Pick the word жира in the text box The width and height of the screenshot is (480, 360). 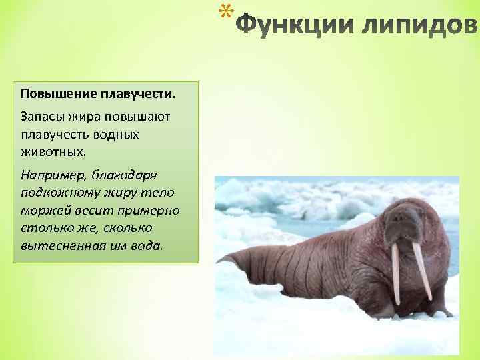[x=83, y=117]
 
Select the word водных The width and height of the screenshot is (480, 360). [x=117, y=134]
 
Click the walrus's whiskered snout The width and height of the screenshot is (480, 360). [x=406, y=233]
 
